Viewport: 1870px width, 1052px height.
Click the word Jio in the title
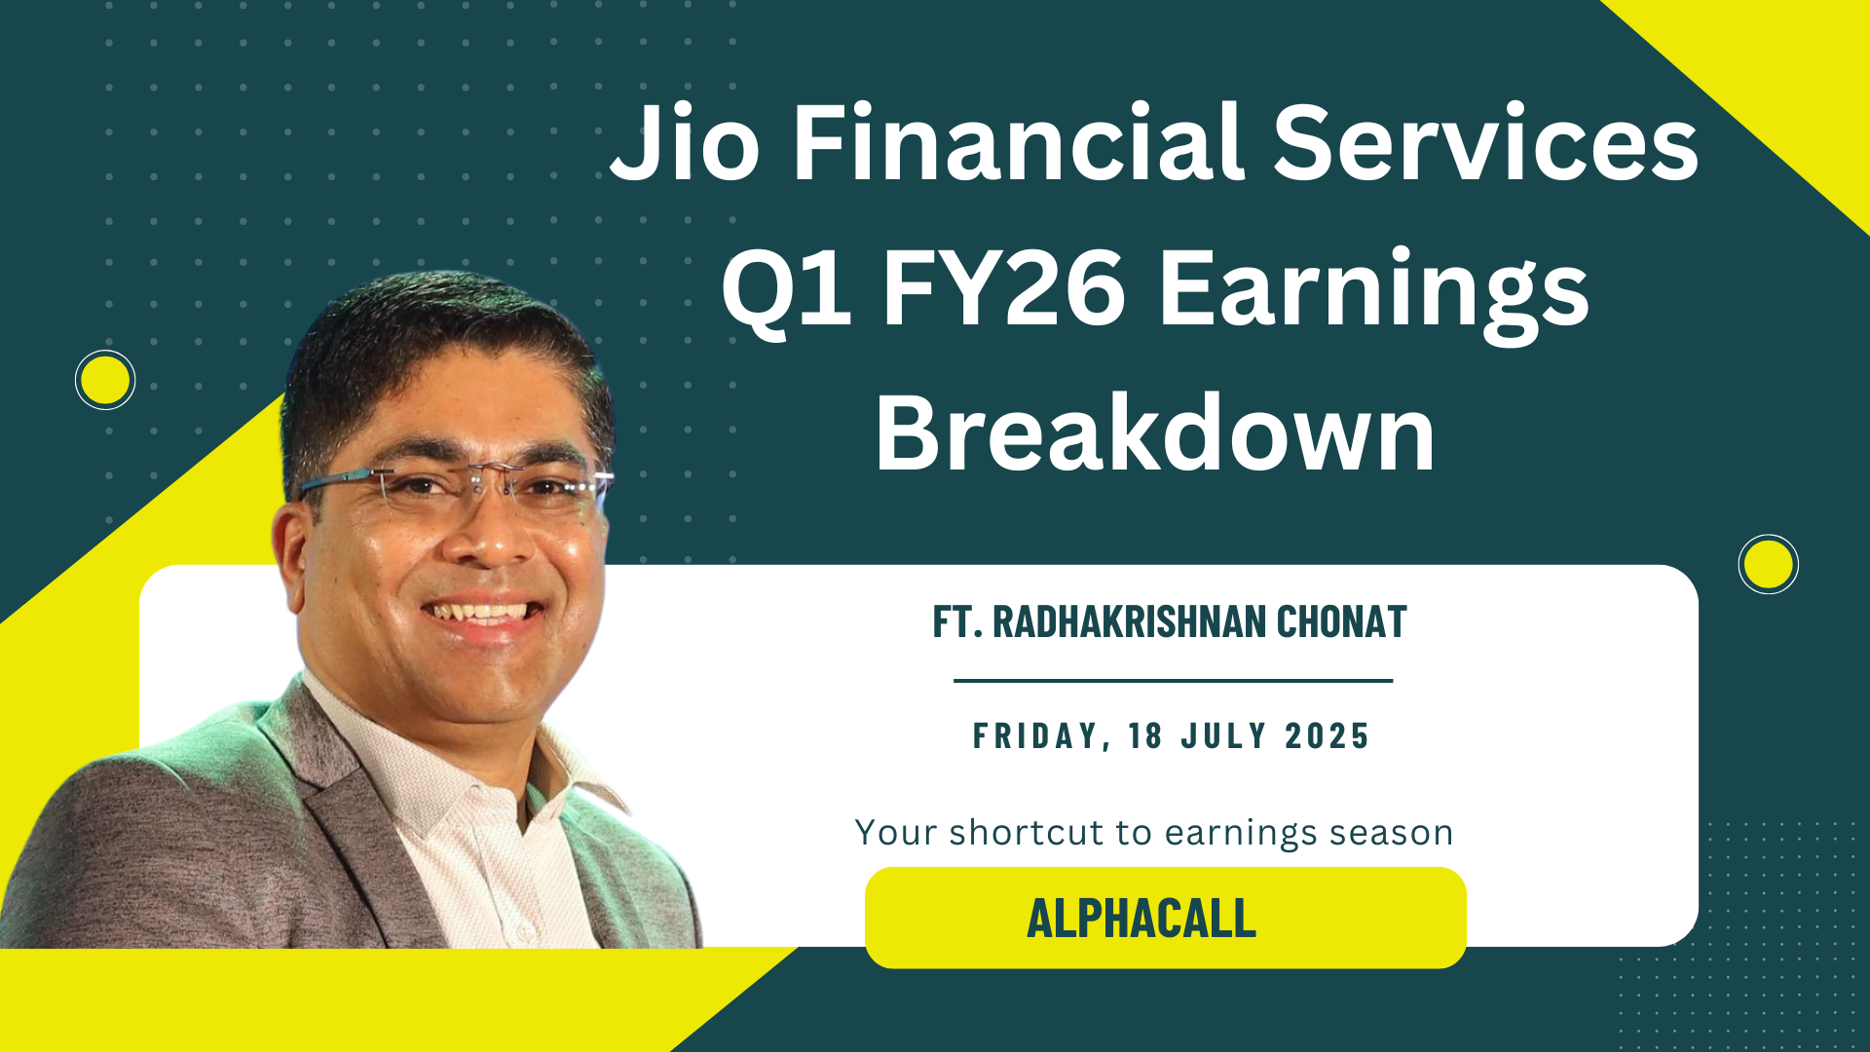point(685,143)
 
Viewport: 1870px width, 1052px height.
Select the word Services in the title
point(1486,143)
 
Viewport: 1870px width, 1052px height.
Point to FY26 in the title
point(1004,287)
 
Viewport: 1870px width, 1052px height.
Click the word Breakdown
point(1155,432)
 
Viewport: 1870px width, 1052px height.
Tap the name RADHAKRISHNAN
point(1129,621)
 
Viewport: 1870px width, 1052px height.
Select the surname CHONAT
point(1341,621)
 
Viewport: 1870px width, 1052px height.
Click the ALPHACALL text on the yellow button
point(1141,919)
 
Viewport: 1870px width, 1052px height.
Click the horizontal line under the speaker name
point(1173,681)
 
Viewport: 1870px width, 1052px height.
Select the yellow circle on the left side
point(105,380)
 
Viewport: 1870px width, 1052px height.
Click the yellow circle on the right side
point(1768,564)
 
